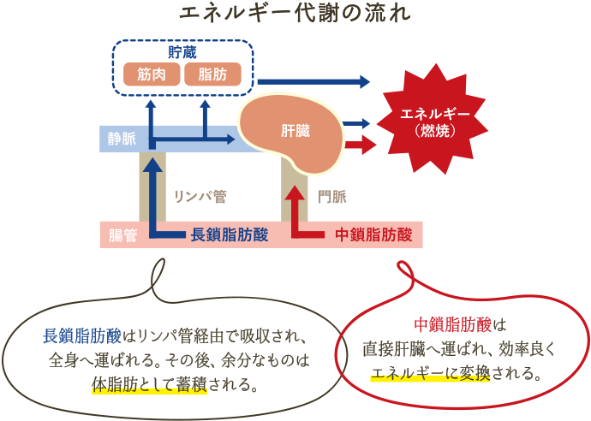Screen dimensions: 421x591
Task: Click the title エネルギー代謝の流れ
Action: point(295,15)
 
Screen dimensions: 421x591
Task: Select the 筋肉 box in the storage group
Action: point(151,74)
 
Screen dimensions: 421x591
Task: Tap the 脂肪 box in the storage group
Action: point(212,74)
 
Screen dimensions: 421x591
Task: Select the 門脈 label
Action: point(331,197)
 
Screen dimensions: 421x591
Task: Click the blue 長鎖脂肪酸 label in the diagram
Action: point(229,234)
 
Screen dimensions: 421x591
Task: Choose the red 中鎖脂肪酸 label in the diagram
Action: point(373,234)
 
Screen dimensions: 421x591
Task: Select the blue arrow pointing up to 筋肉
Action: point(151,116)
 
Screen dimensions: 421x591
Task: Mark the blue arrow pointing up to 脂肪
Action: point(206,116)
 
